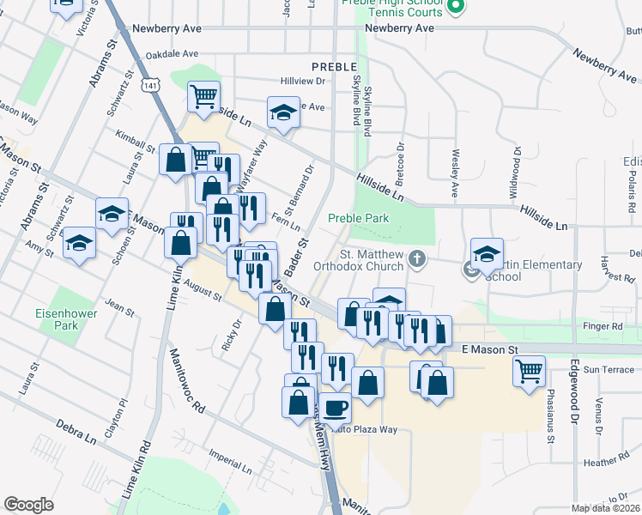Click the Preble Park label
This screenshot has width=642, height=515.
358,219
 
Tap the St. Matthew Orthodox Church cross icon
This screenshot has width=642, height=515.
416,258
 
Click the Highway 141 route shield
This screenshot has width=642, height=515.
150,87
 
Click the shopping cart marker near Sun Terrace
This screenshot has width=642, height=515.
529,370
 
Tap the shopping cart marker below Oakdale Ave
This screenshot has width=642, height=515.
203,95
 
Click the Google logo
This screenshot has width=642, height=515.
28,505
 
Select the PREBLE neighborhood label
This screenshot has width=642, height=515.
333,67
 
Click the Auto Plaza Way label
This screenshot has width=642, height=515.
364,428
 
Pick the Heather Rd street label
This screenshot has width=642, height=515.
600,463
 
